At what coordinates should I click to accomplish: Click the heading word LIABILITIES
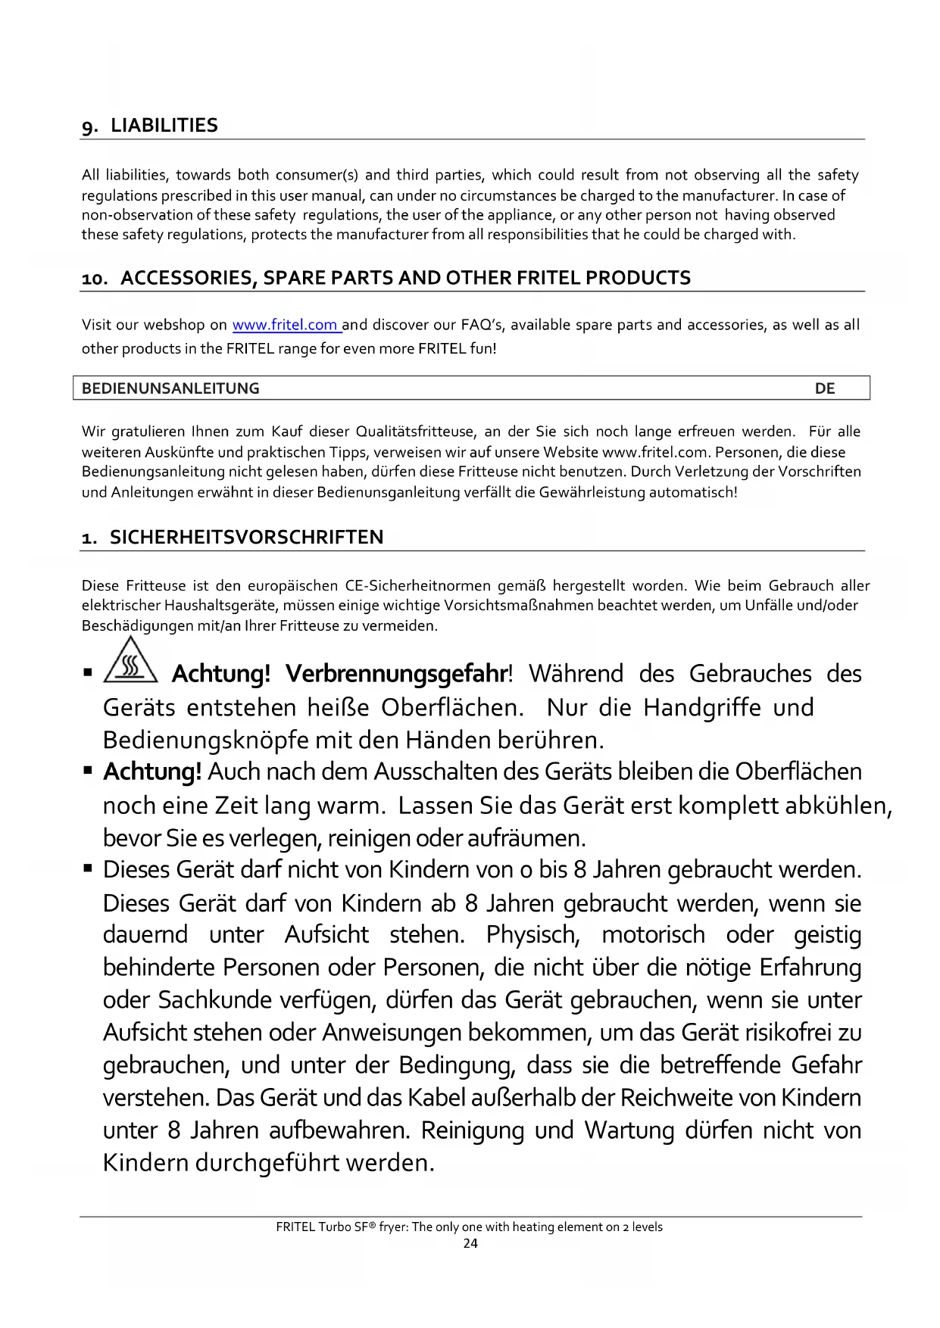click(x=164, y=126)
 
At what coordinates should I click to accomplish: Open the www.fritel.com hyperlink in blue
click(x=285, y=326)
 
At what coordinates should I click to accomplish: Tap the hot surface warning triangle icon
click(x=130, y=659)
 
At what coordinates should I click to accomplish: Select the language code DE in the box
click(x=825, y=388)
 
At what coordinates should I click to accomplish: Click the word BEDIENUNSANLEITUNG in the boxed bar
click(x=170, y=388)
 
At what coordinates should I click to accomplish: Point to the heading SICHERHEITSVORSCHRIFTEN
click(x=247, y=538)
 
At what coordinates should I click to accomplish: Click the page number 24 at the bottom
click(x=470, y=1243)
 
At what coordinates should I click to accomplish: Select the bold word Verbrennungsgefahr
click(x=396, y=673)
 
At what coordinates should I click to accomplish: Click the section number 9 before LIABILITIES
click(x=89, y=126)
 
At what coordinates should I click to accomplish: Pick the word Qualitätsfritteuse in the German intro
click(x=415, y=432)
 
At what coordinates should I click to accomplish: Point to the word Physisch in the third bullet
click(x=533, y=935)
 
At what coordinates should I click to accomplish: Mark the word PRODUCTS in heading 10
click(x=638, y=278)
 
